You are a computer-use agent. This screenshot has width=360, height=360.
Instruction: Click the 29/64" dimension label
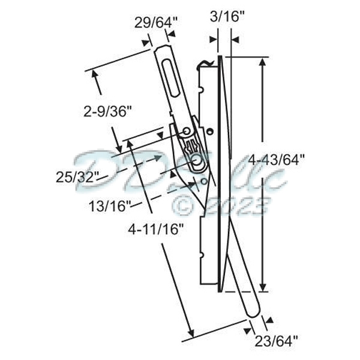(x=155, y=23)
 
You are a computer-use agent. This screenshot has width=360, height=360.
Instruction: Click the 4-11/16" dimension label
(x=155, y=228)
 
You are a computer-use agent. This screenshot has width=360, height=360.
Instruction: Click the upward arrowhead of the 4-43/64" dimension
(x=262, y=63)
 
